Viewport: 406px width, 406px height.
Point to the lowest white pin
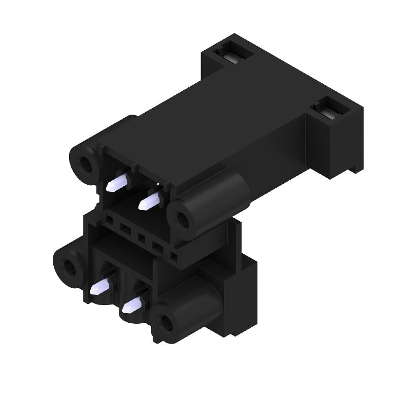(x=132, y=306)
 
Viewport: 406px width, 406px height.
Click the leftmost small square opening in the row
(x=110, y=220)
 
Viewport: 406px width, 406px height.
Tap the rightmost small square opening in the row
(x=174, y=256)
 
